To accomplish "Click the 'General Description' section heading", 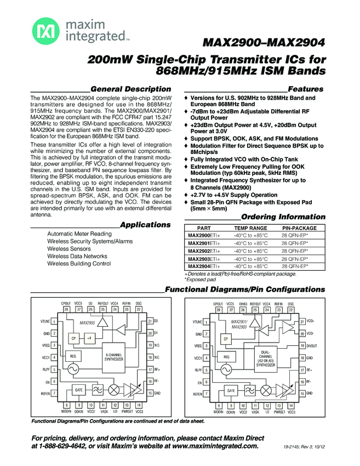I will tap(130, 89).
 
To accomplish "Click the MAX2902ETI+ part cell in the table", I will tap(205, 250).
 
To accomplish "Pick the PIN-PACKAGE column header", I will tap(299, 227).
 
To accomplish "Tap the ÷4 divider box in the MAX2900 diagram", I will tap(89, 338).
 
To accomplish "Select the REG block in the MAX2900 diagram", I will tap(73, 356).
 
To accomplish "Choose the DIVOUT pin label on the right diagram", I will tap(312, 345).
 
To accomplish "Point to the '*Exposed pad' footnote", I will tap(196, 279).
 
